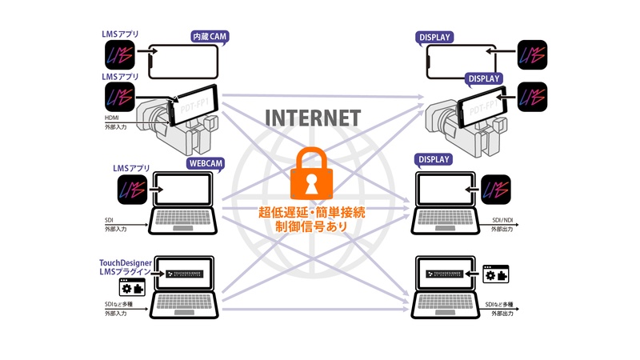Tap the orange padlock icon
coord(314,174)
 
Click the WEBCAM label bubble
coord(206,163)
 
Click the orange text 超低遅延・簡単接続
coord(314,211)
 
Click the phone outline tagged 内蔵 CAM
coord(184,60)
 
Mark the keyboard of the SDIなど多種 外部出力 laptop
coord(447,305)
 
